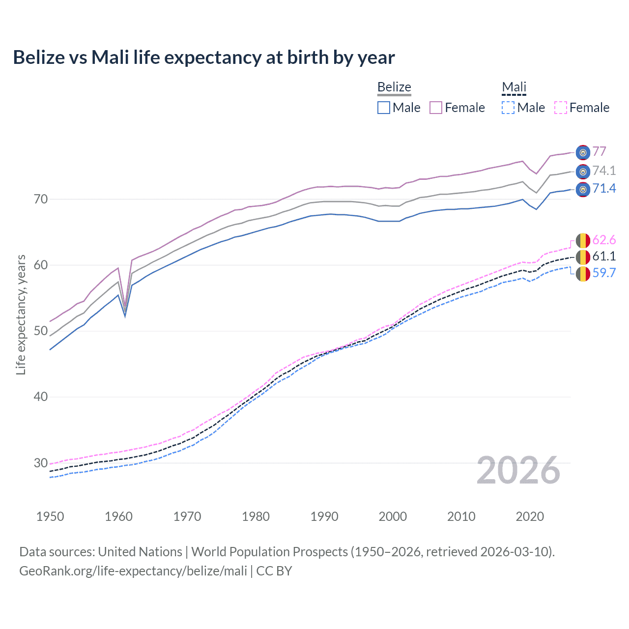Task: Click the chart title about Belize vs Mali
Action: pyautogui.click(x=204, y=57)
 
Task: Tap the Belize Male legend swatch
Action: pyautogui.click(x=384, y=108)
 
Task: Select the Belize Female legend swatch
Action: pyautogui.click(x=436, y=108)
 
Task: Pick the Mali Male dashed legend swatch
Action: pyautogui.click(x=508, y=108)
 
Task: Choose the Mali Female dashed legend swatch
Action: pyautogui.click(x=561, y=108)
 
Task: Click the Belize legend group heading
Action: pyautogui.click(x=394, y=87)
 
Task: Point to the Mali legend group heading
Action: pyautogui.click(x=514, y=87)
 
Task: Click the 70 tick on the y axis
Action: pyautogui.click(x=41, y=199)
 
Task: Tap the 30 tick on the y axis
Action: pyautogui.click(x=41, y=463)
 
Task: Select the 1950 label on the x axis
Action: pyautogui.click(x=50, y=516)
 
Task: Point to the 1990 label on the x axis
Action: pyautogui.click(x=324, y=516)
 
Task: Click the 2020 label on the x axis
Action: pyautogui.click(x=530, y=516)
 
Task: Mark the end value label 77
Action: pyautogui.click(x=599, y=151)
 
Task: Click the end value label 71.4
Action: pyautogui.click(x=604, y=189)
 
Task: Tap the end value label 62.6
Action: pyautogui.click(x=604, y=240)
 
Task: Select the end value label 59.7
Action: pyautogui.click(x=604, y=273)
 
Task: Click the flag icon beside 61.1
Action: pyautogui.click(x=583, y=257)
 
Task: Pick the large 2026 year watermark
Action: pyautogui.click(x=518, y=470)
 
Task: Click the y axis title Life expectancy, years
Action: pyautogui.click(x=21, y=314)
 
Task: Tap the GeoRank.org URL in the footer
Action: pyautogui.click(x=133, y=571)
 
